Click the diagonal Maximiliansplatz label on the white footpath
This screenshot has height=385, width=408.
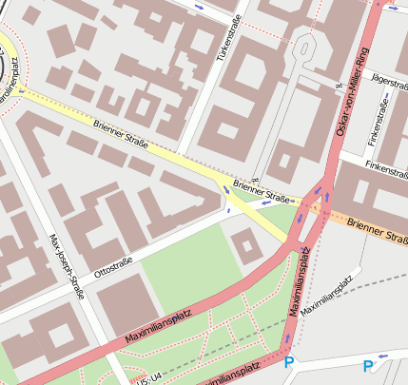pyautogui.click(x=326, y=296)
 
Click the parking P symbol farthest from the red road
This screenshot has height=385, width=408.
pyautogui.click(x=368, y=366)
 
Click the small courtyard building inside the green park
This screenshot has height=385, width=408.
pyautogui.click(x=246, y=248)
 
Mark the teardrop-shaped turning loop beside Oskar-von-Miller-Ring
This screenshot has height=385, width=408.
pyautogui.click(x=306, y=46)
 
